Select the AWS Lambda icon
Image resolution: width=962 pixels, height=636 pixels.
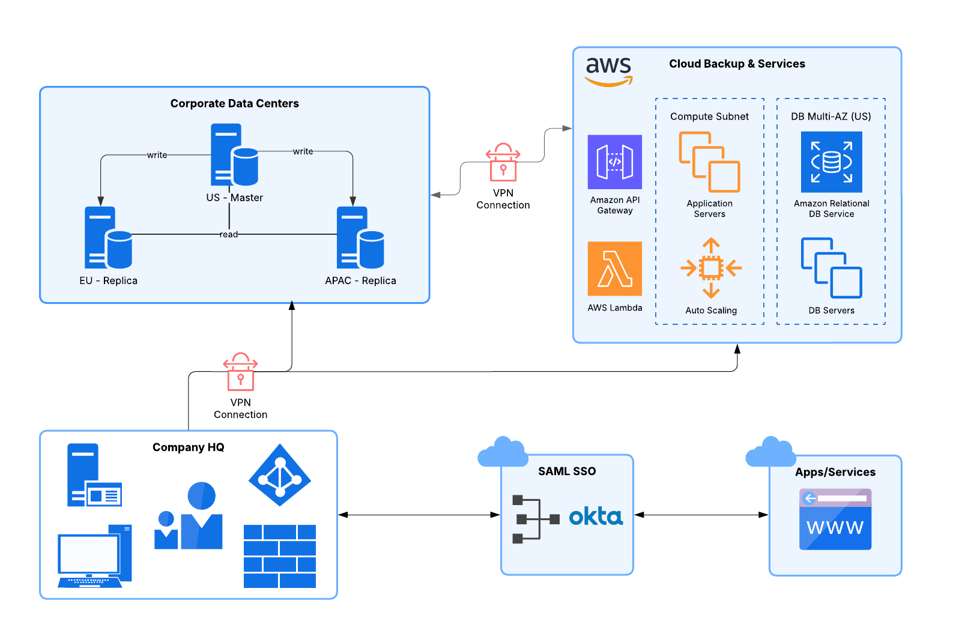(614, 268)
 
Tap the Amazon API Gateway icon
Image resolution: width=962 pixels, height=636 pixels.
(614, 162)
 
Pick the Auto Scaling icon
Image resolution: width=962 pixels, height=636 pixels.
(711, 268)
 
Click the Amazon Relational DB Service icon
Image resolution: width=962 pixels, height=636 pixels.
(831, 162)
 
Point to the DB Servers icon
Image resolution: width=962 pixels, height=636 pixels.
(831, 268)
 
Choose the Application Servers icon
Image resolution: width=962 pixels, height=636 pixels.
(709, 162)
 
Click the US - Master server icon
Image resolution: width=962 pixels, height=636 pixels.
(234, 155)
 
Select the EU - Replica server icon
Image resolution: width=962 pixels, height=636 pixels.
(108, 238)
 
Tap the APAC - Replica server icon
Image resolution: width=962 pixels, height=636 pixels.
(360, 238)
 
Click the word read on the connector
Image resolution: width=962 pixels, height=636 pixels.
(229, 234)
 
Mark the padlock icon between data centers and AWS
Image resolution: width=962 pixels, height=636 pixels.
(503, 162)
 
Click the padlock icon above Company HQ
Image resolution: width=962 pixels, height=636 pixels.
(240, 372)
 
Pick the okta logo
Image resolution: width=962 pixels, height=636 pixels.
(596, 516)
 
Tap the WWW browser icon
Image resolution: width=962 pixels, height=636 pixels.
(835, 519)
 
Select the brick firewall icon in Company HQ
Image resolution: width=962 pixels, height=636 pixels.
(280, 556)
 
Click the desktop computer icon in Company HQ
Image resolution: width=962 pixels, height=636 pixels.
(95, 557)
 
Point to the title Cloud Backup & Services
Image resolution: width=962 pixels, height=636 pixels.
(737, 64)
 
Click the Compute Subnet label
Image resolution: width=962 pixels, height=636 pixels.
(709, 117)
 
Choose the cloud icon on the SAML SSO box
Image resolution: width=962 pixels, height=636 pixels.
(503, 452)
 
